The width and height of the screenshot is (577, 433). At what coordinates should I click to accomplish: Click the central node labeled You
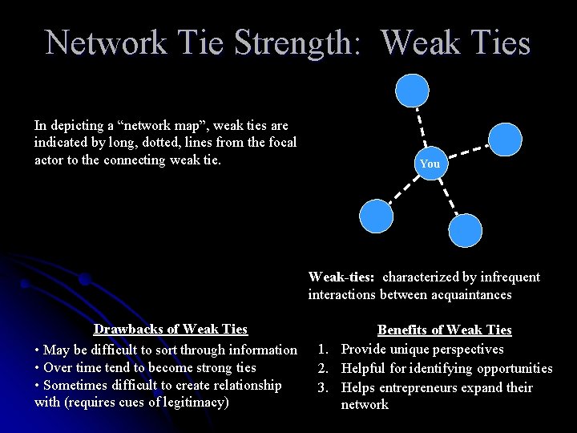pos(430,164)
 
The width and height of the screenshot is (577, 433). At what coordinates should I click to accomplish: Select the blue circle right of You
pos(505,138)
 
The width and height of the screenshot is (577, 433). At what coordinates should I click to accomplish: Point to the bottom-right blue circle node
pos(466,230)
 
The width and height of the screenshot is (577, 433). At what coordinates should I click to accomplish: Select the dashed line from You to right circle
pos(467,151)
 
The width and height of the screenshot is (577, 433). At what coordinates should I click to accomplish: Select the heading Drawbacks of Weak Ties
pos(171,329)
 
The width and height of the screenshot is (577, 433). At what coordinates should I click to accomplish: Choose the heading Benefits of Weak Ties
pos(444,330)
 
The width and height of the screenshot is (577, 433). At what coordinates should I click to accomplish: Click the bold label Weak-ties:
pos(341,277)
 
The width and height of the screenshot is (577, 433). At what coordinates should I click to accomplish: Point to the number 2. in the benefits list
pos(325,368)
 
